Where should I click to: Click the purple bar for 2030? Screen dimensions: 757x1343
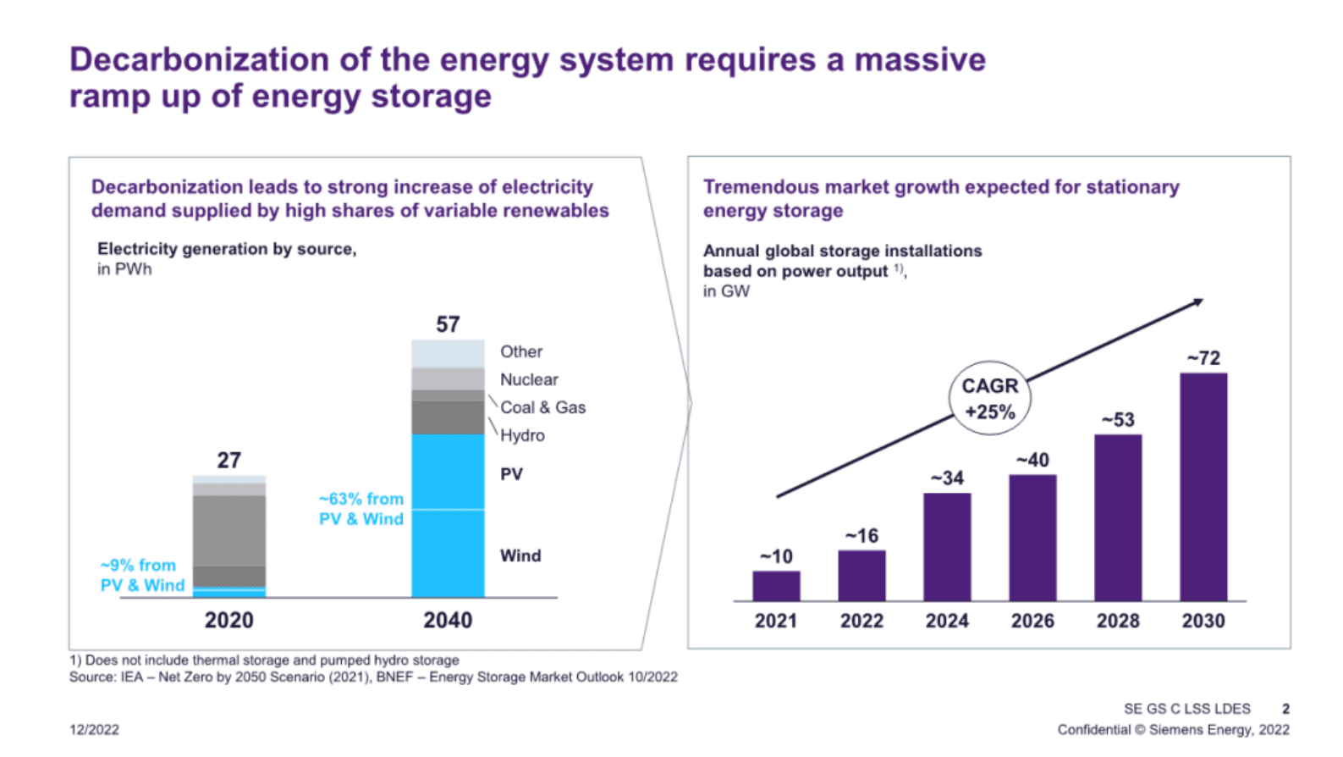(1203, 487)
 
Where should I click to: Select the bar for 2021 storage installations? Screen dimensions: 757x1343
(776, 586)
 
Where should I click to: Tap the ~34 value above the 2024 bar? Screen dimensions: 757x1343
(947, 478)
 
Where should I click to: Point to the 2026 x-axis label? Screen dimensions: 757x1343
(1032, 621)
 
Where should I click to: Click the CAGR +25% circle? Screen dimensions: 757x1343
(989, 399)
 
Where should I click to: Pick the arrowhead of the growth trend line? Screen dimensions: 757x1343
(1197, 302)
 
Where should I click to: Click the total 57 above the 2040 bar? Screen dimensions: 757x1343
(448, 324)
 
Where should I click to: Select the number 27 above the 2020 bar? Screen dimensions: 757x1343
(229, 461)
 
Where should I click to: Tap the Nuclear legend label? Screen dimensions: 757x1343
(529, 379)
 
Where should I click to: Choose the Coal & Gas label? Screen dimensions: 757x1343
(542, 407)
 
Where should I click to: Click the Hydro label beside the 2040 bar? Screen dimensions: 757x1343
(522, 435)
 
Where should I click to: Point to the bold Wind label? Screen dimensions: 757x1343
(520, 555)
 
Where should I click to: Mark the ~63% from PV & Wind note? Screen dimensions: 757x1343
(361, 509)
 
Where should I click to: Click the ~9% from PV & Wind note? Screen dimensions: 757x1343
(142, 575)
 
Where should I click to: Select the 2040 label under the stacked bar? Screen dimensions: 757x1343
(448, 620)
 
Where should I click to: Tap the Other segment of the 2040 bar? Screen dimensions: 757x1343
(448, 354)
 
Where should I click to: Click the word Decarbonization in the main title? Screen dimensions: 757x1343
(200, 60)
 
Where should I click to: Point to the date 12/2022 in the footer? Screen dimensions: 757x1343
(94, 729)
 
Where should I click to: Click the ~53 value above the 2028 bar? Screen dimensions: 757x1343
(1117, 420)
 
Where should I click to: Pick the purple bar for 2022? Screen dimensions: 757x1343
(861, 576)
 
